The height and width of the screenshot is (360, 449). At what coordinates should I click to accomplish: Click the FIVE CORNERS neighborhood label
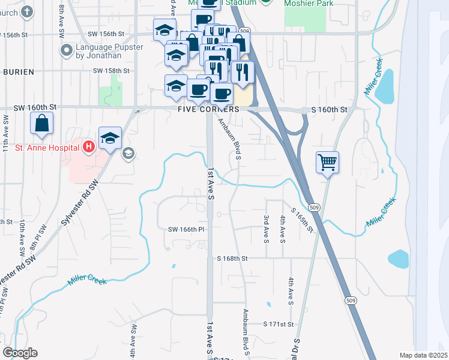click(x=208, y=110)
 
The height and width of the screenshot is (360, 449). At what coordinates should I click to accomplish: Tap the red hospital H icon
click(x=89, y=146)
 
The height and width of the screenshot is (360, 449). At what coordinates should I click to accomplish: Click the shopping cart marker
click(x=327, y=161)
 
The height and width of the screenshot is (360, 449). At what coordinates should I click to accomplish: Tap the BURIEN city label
click(x=18, y=71)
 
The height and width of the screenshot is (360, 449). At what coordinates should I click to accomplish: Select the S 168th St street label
click(x=232, y=259)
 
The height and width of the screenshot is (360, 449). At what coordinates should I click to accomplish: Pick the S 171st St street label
click(x=279, y=324)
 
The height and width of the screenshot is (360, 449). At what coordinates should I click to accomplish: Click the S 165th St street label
click(x=303, y=220)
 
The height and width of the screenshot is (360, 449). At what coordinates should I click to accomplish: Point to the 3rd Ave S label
click(x=266, y=230)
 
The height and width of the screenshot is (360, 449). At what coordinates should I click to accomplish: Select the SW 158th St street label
click(x=112, y=71)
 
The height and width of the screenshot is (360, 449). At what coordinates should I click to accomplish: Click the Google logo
click(x=20, y=353)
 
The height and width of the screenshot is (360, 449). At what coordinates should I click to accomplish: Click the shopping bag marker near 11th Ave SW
click(x=42, y=124)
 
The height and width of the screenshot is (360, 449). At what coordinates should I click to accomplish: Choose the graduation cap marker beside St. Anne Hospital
click(x=110, y=138)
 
